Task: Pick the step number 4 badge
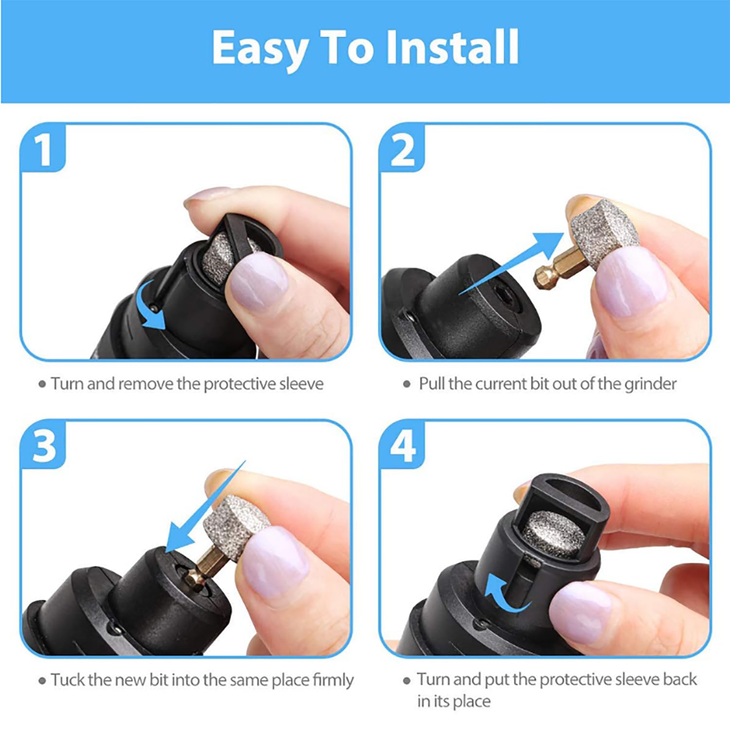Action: (x=402, y=446)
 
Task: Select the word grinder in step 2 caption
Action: (x=650, y=384)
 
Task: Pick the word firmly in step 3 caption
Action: (x=333, y=680)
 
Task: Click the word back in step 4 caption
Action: (x=678, y=679)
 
